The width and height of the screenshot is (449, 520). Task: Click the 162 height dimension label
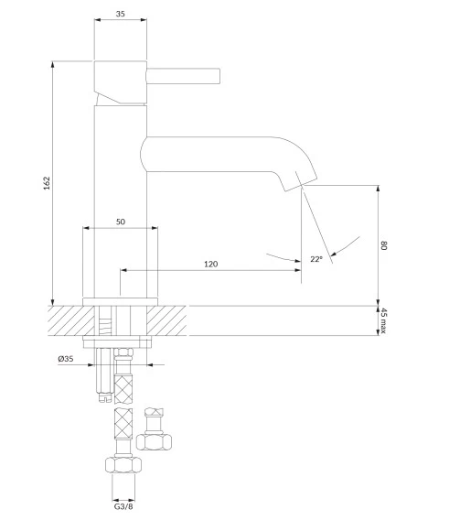point(47,183)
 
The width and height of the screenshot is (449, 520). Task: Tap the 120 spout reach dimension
point(210,264)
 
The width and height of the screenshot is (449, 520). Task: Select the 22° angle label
point(316,259)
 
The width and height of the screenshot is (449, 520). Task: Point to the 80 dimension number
point(384,245)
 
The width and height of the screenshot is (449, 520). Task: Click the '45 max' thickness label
point(383,320)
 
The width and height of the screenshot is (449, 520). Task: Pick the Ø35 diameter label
point(66,359)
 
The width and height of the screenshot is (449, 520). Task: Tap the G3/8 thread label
point(123,506)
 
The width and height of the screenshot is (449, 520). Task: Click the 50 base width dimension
point(121,222)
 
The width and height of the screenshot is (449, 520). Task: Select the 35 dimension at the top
point(121,14)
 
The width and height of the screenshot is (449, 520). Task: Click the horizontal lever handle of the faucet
point(183,76)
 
